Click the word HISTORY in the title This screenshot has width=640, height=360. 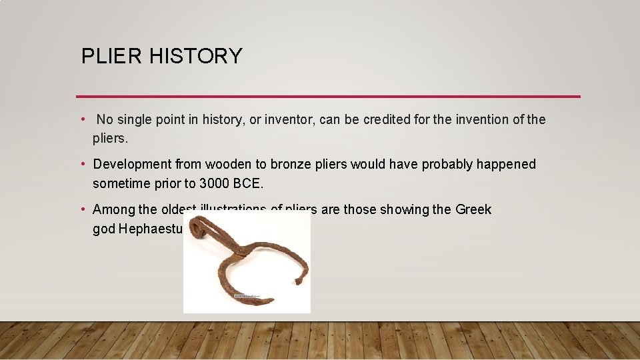195,56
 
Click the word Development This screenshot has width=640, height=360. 132,165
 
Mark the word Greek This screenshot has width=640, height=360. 473,210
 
